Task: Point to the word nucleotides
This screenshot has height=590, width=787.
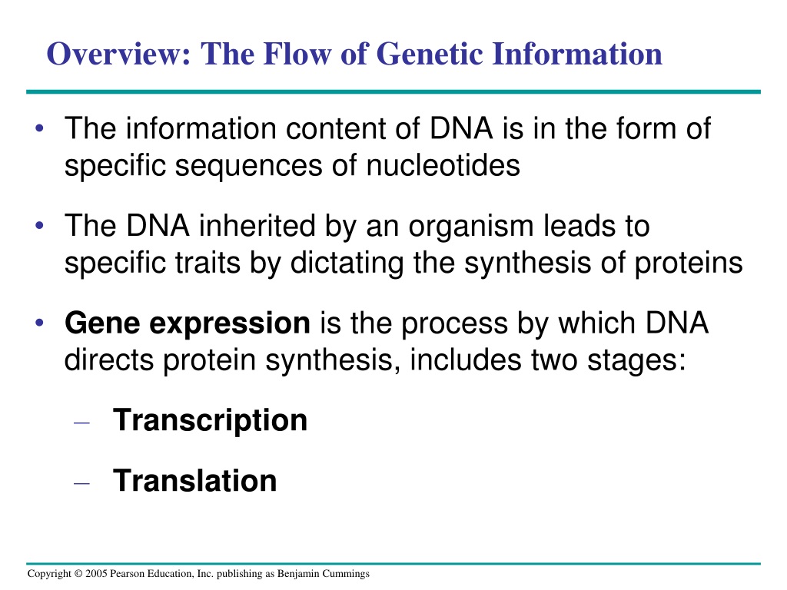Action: click(443, 165)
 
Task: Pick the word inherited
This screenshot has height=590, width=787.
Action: click(257, 225)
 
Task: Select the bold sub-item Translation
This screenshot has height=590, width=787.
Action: click(195, 480)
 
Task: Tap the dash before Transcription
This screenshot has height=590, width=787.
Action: click(81, 423)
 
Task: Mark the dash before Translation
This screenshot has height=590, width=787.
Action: click(81, 483)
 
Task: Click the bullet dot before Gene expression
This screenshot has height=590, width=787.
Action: click(40, 323)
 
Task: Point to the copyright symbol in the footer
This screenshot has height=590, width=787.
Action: click(78, 573)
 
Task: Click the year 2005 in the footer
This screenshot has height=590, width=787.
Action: click(96, 573)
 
